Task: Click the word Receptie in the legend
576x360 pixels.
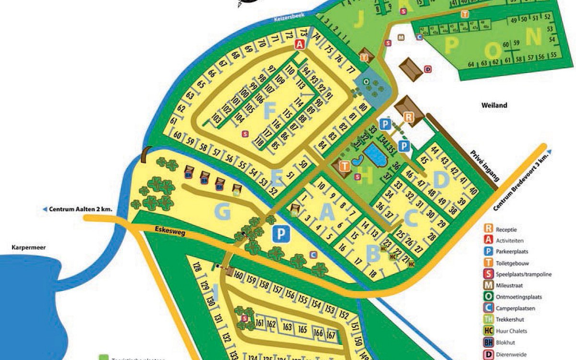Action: (x=510, y=229)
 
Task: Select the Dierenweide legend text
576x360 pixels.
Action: (x=514, y=354)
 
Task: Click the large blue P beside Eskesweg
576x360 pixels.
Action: (x=282, y=234)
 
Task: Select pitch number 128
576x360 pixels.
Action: (x=196, y=267)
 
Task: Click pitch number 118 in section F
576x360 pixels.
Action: (x=260, y=142)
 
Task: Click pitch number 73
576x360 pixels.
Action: (x=303, y=33)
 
